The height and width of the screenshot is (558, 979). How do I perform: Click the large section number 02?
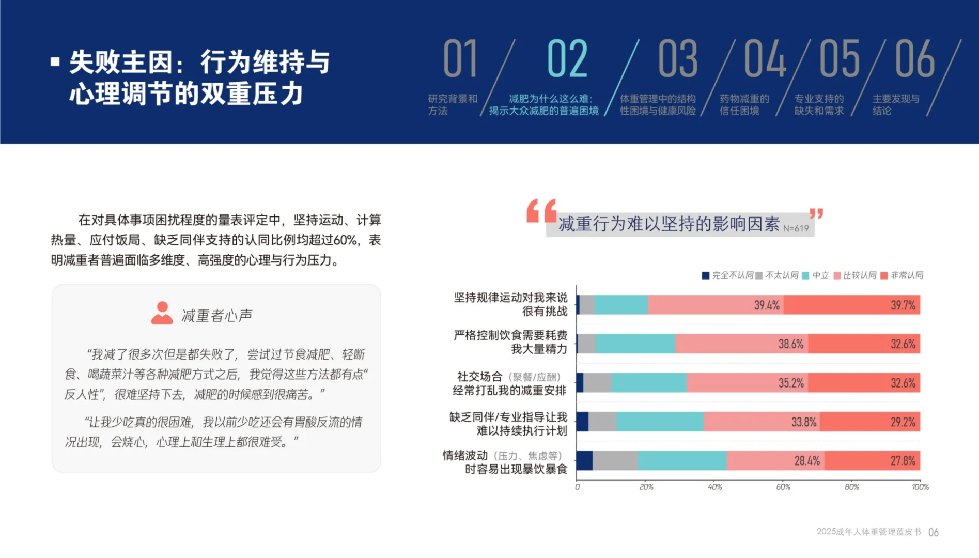[x=567, y=58]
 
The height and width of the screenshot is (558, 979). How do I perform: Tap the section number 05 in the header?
[x=839, y=58]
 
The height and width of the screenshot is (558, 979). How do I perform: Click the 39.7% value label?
[x=903, y=305]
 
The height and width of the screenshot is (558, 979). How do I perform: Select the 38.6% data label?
[x=790, y=344]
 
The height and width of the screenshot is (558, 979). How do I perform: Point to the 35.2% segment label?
[x=790, y=383]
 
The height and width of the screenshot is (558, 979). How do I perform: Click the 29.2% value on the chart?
[x=903, y=422]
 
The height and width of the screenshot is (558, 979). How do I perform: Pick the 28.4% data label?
[x=806, y=461]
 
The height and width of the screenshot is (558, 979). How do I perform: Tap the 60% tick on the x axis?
[x=783, y=487]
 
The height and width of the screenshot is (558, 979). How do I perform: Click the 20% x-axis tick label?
[x=646, y=487]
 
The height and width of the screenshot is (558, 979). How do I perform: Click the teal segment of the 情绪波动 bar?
[x=682, y=460]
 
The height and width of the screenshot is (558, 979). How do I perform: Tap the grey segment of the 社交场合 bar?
[x=597, y=383]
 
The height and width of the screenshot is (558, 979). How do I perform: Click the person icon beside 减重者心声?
[x=162, y=313]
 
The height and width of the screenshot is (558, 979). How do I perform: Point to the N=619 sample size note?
[x=796, y=228]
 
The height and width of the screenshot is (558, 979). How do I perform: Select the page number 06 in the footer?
[x=933, y=532]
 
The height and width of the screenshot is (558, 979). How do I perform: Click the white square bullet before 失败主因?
[x=55, y=62]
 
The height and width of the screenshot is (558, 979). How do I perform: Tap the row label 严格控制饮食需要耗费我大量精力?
[x=510, y=342]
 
